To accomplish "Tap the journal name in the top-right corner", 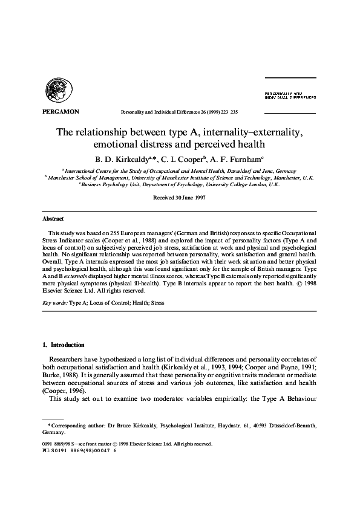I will click(x=290, y=95).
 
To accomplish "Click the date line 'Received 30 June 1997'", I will click(x=180, y=198).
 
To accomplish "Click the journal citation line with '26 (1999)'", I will click(x=180, y=112).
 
